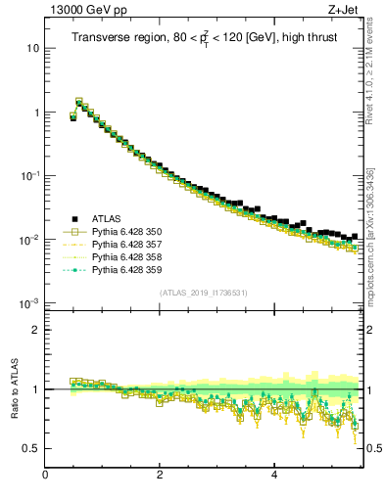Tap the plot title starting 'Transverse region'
pos(202,38)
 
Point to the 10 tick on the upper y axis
pos(32,49)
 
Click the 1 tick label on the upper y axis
pos(35,113)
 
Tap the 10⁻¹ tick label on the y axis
pos(29,176)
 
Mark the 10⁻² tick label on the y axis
pos(29,240)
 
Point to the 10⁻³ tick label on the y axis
pos(29,303)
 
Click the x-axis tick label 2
pos(160,476)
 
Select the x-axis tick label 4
pos(273,476)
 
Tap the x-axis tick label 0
pos(45,476)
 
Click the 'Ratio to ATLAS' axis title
pos(14,389)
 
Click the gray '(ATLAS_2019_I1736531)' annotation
pos(204,293)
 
